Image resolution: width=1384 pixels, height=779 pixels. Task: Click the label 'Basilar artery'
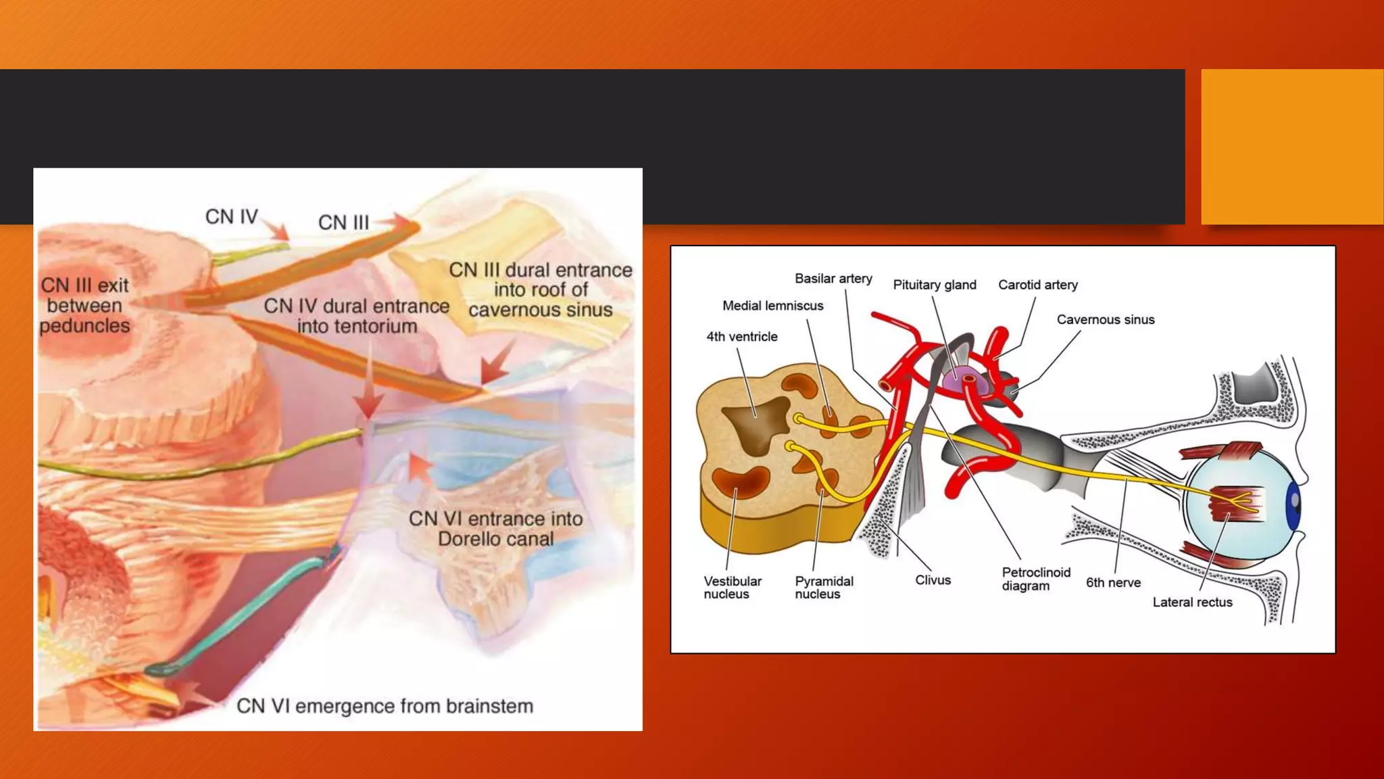[833, 279]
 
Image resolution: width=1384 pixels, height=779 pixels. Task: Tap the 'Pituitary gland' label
[934, 285]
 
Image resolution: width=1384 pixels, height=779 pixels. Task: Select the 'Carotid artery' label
[1037, 285]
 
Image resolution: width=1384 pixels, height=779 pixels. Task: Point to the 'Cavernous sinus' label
[1105, 319]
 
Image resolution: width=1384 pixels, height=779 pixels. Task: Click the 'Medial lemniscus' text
[772, 306]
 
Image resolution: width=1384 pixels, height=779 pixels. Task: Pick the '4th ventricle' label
[741, 337]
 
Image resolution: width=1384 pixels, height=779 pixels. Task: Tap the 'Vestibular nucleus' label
[732, 587]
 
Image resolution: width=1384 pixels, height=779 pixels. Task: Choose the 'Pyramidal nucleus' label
[823, 587]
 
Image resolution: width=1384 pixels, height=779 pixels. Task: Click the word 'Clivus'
[933, 580]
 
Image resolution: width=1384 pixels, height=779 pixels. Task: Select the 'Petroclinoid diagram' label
[1035, 579]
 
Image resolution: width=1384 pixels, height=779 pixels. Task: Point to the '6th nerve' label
[1112, 582]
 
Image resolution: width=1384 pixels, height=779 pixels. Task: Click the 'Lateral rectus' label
[1192, 602]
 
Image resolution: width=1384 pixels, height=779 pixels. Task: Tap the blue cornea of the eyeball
[1293, 504]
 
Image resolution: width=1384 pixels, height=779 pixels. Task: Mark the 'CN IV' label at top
[231, 217]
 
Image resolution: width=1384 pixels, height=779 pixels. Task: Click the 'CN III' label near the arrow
[343, 222]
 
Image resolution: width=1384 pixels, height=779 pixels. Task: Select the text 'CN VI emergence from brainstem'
[385, 706]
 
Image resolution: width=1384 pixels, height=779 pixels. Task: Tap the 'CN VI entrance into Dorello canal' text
[495, 529]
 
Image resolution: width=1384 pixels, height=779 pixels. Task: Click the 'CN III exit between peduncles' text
[84, 306]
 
